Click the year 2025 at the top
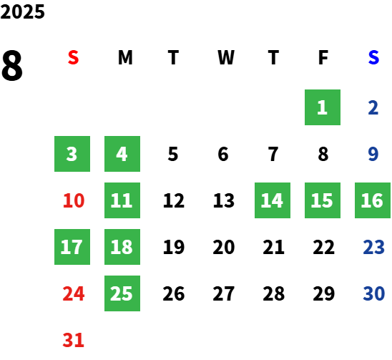(22, 11)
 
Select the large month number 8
(12, 66)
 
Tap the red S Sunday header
(73, 58)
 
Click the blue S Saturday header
(373, 58)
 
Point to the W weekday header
(226, 58)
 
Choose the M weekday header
(125, 58)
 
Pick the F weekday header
(323, 58)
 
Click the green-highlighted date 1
(323, 107)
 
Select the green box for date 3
(72, 154)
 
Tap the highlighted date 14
(273, 200)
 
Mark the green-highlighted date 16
(373, 200)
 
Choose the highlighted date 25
(122, 293)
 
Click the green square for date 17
(72, 247)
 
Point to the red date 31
(73, 340)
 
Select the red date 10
(74, 200)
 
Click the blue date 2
(373, 107)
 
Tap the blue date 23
(373, 247)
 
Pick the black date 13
(224, 200)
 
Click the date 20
(224, 247)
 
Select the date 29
(324, 293)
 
